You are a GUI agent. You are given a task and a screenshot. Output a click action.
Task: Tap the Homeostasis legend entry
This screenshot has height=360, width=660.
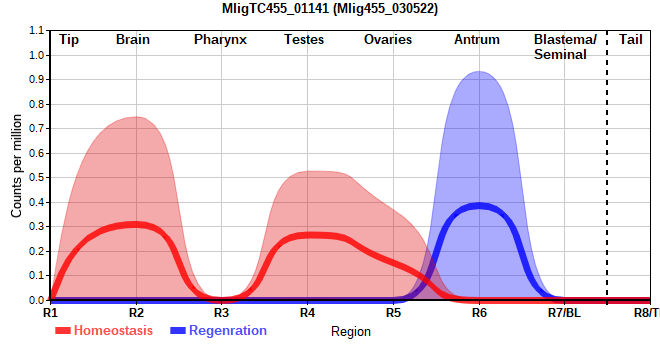(104, 331)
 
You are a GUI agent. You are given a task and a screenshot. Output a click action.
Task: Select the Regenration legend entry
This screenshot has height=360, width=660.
(218, 331)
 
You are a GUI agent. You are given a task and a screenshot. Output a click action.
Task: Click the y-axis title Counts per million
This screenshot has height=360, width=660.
(16, 166)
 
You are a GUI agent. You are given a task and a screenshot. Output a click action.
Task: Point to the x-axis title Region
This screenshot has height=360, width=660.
(351, 332)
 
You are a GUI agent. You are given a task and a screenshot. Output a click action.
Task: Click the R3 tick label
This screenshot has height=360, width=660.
(221, 313)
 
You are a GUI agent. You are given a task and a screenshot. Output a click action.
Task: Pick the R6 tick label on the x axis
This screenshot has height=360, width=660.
(479, 313)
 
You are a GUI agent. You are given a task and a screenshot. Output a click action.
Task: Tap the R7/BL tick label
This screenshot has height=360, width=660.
(564, 313)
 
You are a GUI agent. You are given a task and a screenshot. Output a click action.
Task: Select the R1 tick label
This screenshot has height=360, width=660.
(50, 313)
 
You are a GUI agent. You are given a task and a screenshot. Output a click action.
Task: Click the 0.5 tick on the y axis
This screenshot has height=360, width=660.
(36, 178)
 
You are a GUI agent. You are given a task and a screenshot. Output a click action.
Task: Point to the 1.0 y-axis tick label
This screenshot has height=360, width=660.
(36, 55)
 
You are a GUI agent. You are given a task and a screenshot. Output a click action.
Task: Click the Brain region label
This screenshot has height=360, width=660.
(133, 40)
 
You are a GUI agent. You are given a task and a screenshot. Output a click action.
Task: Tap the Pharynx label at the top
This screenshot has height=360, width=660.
(220, 40)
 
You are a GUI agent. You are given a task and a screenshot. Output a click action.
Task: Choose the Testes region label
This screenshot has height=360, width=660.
(304, 40)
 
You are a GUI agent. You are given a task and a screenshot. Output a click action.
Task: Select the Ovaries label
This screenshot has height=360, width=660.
(388, 40)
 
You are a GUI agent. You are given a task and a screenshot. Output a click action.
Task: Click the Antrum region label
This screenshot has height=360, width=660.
(477, 40)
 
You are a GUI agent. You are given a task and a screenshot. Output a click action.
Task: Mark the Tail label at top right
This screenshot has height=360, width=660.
(631, 40)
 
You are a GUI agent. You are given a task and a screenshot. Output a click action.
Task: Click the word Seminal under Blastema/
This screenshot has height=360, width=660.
(560, 55)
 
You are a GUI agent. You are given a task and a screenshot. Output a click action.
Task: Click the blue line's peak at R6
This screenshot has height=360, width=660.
(479, 206)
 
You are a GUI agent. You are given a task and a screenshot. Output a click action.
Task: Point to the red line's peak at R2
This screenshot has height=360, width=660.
(136, 225)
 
